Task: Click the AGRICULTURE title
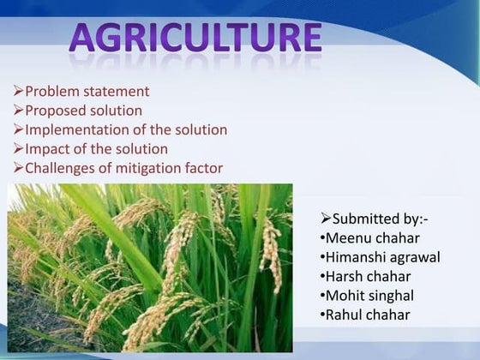tap(195, 39)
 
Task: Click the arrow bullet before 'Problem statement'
tap(18, 92)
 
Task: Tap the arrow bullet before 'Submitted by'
tap(326, 219)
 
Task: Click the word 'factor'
tap(201, 168)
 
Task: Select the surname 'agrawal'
tap(417, 257)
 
